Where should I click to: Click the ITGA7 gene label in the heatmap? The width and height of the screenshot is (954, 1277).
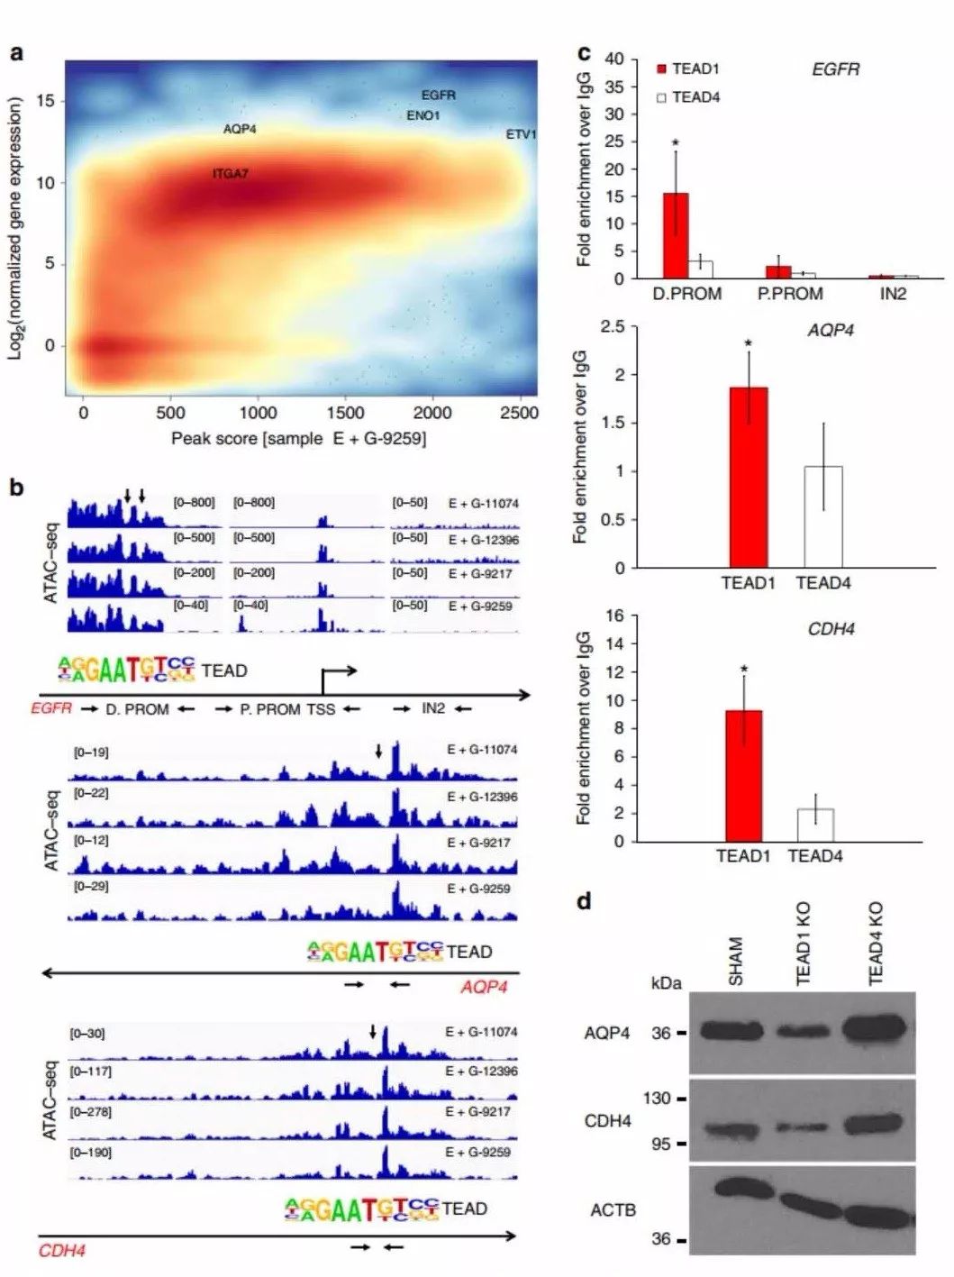click(x=230, y=173)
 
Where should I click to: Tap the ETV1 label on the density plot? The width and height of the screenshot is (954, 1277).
click(x=521, y=134)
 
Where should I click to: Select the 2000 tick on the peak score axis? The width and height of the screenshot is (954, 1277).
click(x=432, y=413)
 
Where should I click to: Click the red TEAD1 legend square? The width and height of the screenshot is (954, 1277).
click(x=661, y=69)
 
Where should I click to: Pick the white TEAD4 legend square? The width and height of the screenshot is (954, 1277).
click(x=661, y=97)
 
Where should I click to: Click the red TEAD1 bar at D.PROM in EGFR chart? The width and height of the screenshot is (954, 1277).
click(x=676, y=235)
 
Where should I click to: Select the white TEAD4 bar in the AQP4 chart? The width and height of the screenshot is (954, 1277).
click(x=823, y=516)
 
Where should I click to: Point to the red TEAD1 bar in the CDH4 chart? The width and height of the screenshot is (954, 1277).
click(x=743, y=776)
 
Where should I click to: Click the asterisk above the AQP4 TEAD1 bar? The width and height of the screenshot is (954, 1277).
click(x=748, y=343)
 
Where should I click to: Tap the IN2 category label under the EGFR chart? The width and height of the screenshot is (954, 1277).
click(x=893, y=294)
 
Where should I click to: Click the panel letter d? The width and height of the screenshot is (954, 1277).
click(x=585, y=900)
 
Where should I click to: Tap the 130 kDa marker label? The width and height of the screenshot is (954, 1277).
click(x=657, y=1099)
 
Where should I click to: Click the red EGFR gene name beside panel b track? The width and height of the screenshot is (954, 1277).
click(x=50, y=708)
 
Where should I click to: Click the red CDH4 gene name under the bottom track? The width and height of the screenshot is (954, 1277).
click(x=61, y=1251)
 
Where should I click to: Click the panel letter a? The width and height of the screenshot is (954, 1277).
click(x=17, y=53)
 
